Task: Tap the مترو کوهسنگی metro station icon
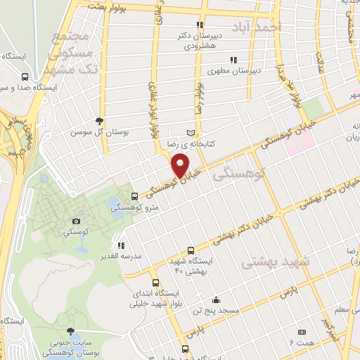click(135, 195)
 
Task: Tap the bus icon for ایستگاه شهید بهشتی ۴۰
click(191, 250)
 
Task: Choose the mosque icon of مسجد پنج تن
click(216, 299)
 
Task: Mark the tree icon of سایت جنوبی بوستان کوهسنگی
click(69, 331)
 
